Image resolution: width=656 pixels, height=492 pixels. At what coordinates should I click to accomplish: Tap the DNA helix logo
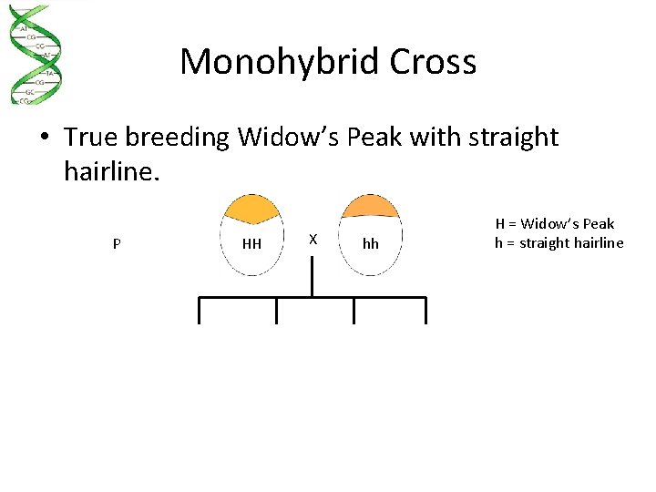point(34,55)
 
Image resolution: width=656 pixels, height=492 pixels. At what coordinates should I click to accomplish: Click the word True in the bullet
point(91,138)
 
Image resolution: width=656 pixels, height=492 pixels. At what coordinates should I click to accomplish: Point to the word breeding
point(178,138)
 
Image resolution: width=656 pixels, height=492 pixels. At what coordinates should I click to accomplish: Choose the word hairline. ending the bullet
point(111,171)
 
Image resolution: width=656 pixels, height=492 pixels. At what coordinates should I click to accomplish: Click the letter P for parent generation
point(116,244)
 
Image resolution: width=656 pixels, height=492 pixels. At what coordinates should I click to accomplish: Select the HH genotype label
point(251,244)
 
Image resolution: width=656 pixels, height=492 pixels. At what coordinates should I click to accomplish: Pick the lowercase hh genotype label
point(370,244)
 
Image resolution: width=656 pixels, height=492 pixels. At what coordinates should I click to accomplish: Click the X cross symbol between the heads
point(313,239)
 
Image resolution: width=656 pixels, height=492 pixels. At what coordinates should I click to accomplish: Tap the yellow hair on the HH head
point(251,210)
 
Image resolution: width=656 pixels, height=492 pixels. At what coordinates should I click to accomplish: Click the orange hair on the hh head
point(370,206)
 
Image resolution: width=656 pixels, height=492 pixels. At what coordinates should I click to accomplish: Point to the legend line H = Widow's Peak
point(554,224)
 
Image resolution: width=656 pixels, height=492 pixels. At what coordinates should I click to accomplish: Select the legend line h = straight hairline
point(559,242)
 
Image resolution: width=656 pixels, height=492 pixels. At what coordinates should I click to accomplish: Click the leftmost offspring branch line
point(199,311)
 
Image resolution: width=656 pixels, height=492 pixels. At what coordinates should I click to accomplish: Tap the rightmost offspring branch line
point(425,311)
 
